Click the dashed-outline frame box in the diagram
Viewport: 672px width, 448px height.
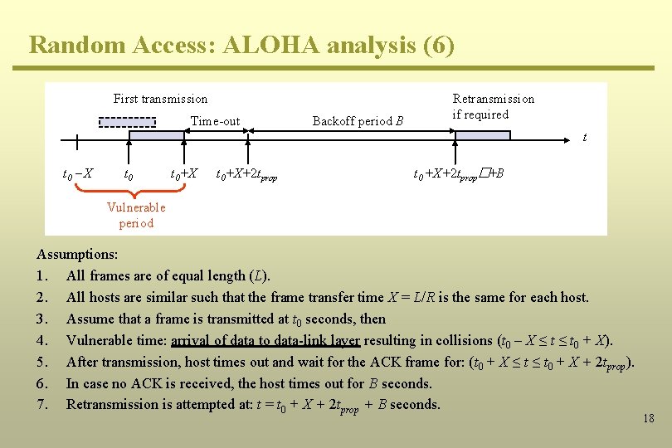coord(127,122)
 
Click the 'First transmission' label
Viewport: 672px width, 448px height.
coord(160,99)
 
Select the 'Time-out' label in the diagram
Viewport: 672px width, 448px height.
coord(215,121)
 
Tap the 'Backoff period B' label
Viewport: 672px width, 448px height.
coord(358,121)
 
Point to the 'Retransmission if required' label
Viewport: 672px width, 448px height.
coord(493,106)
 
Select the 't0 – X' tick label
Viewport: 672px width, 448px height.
coord(78,174)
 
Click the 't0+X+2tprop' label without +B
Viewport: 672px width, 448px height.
coord(246,175)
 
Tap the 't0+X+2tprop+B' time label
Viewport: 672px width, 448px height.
coord(458,174)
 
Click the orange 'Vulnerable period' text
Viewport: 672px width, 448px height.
coord(136,215)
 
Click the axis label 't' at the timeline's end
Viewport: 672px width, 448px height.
coord(584,137)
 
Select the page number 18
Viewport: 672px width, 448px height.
coord(648,418)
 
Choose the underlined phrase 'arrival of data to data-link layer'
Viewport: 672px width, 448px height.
coord(265,340)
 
